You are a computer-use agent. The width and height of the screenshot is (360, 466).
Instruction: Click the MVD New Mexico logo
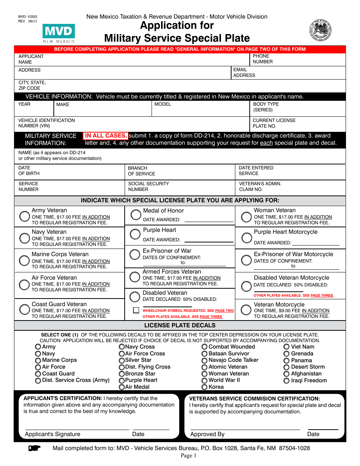59,33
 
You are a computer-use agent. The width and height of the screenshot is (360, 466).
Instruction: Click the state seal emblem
320,30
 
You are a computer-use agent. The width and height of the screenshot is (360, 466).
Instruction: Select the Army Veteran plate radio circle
25,216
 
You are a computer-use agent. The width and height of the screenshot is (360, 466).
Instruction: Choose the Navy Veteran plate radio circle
25,238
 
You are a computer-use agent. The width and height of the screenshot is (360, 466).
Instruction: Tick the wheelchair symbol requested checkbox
136,310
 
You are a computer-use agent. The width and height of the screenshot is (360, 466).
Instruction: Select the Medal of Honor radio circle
136,215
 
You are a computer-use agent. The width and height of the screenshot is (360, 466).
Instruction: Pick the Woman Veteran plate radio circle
247,217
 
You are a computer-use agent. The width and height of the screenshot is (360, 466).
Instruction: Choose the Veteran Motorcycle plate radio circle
246,310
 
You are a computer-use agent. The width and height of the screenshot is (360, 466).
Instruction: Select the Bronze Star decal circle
122,374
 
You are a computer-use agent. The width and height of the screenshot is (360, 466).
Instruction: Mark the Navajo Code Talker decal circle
205,360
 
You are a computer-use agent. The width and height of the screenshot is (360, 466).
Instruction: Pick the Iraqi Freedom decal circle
286,381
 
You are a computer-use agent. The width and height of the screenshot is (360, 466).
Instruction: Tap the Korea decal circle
205,387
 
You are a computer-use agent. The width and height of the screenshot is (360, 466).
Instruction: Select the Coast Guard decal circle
38,374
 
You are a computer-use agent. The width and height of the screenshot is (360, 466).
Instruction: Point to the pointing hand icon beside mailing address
34,449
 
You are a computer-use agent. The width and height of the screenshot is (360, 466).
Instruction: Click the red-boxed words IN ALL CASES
106,136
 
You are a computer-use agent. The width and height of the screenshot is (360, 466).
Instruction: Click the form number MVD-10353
28,17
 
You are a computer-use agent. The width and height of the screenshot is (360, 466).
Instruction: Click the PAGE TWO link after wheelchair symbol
225,311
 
